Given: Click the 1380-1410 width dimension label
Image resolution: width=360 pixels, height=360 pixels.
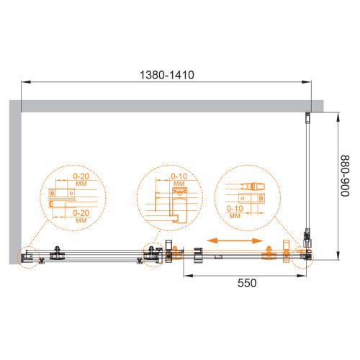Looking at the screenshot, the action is coord(167,75).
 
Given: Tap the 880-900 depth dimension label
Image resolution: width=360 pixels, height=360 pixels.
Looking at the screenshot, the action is coord(345,176).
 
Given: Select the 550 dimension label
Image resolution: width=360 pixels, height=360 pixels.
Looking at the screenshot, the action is coord(247,283).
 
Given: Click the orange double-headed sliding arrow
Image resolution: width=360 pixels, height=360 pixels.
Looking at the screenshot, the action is coord(235,240).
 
